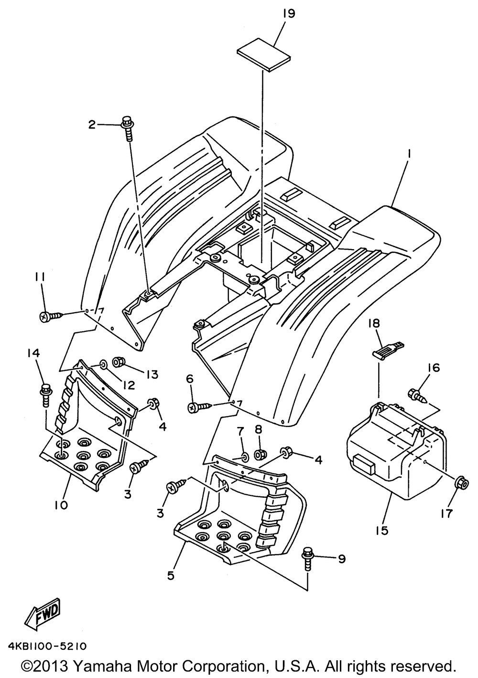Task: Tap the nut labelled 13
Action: click(119, 363)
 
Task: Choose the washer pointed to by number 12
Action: click(103, 366)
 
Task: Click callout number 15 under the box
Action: click(385, 530)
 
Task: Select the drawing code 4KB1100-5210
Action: click(47, 645)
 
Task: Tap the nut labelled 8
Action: click(261, 453)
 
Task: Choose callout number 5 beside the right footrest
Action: click(171, 576)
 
